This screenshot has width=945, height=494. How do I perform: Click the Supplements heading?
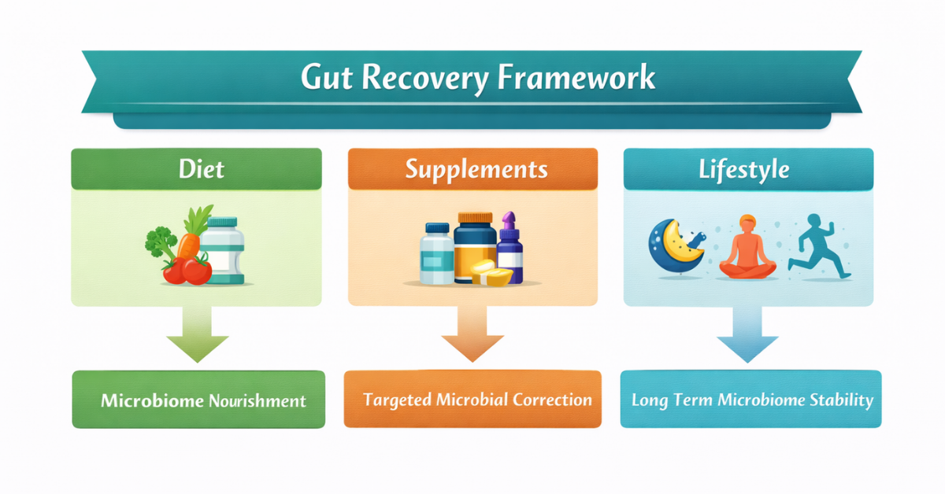point(472,169)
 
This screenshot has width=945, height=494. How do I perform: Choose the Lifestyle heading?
point(744,169)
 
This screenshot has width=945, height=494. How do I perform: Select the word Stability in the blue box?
point(842,400)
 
